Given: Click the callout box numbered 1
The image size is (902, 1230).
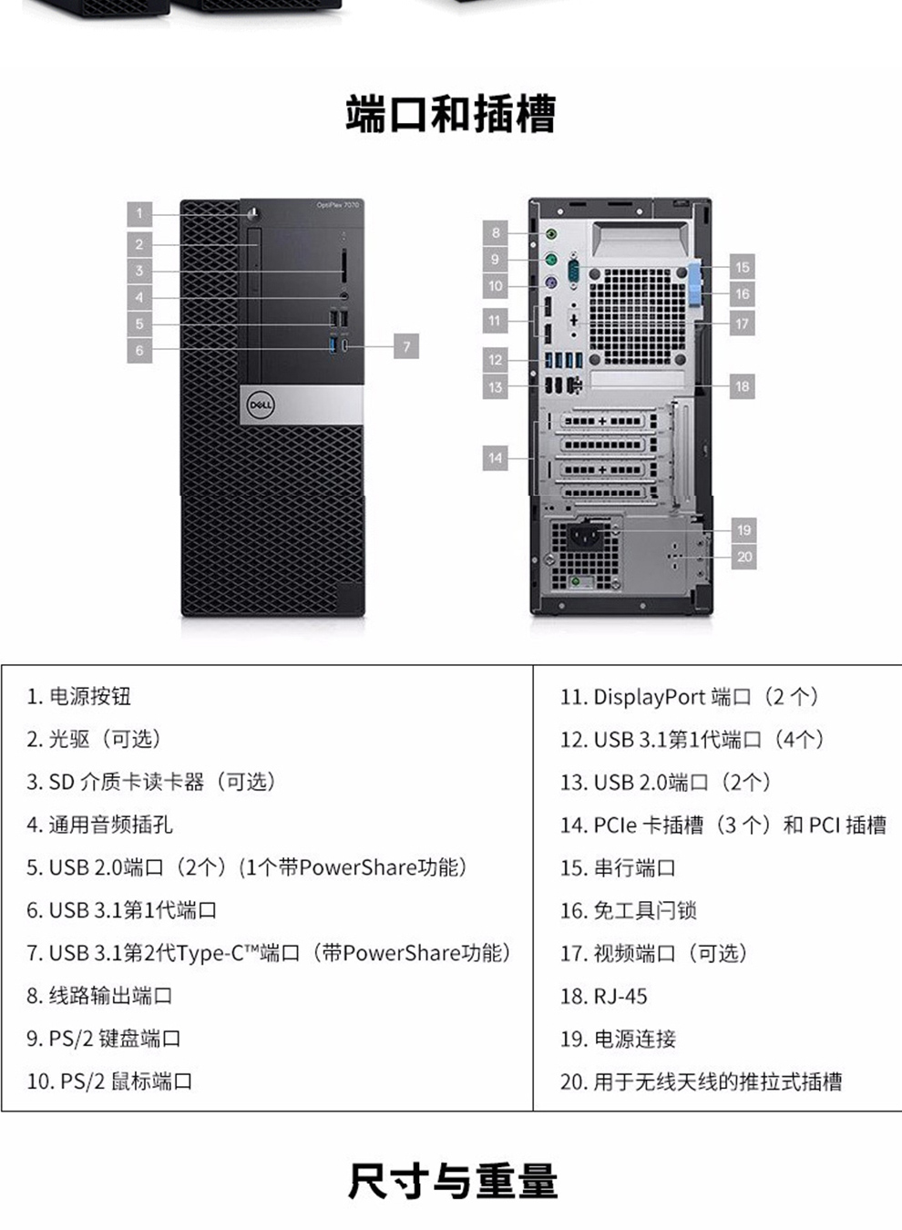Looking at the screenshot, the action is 139,213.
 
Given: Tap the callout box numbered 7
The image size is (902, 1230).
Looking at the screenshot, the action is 406,346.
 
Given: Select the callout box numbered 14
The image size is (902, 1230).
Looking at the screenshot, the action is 496,458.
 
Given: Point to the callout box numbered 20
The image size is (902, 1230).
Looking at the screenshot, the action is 743,557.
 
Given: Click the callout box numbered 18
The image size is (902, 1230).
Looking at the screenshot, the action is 743,386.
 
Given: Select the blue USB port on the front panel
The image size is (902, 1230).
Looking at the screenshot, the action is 333,345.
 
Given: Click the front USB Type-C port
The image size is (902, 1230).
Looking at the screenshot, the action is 344,346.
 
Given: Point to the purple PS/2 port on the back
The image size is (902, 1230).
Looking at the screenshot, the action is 551,283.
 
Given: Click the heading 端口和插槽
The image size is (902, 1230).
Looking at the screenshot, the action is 451,114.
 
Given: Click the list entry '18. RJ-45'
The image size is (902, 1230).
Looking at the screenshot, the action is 603,996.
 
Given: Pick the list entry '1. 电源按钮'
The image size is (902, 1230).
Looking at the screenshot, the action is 78,696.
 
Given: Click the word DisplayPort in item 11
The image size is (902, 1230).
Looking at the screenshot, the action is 650,697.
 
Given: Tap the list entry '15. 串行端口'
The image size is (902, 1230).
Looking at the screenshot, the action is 618,868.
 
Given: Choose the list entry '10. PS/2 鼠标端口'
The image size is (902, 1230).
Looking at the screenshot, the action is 109,1081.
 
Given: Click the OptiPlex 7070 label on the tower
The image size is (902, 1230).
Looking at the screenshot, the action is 338,205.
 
